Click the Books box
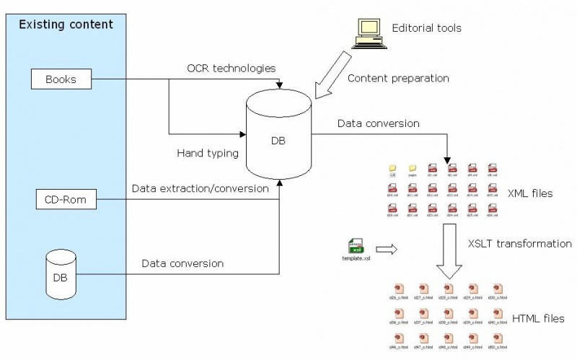[x=61, y=79]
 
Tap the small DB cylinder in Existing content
[x=61, y=274]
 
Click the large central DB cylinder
[x=278, y=138]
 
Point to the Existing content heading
[x=66, y=25]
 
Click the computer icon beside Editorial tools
[x=367, y=33]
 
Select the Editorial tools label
[x=426, y=28]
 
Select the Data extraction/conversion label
[x=201, y=188]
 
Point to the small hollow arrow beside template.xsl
[x=387, y=250]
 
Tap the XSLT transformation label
[x=519, y=243]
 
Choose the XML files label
[x=529, y=193]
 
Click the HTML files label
[x=537, y=318]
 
